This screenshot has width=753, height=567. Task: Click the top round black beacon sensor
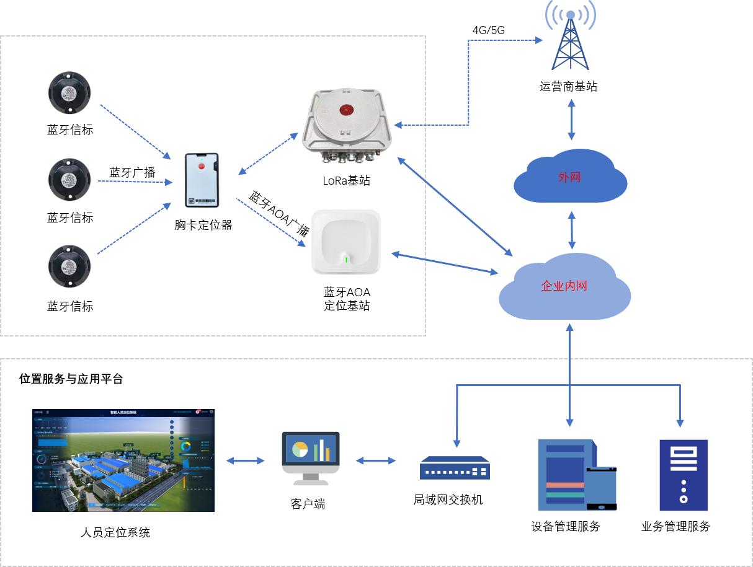[70, 92]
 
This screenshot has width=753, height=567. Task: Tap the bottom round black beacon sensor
[70, 265]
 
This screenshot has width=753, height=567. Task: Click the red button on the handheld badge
[201, 165]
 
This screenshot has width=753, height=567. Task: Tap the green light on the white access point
[346, 259]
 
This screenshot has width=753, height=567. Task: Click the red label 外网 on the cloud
[569, 177]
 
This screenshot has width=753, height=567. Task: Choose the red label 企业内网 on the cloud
[564, 286]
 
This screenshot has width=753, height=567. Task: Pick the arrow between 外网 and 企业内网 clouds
[571, 229]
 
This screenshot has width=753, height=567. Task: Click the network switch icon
[455, 468]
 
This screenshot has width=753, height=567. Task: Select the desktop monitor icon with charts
[311, 457]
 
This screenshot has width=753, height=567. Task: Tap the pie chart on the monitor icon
[300, 449]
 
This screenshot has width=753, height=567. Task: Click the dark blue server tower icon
[683, 475]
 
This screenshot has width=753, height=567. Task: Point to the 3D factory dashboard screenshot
[123, 460]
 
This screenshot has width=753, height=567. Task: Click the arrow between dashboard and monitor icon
[246, 460]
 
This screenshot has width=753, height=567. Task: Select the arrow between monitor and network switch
[376, 460]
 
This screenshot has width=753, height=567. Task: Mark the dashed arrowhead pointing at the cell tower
[539, 40]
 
